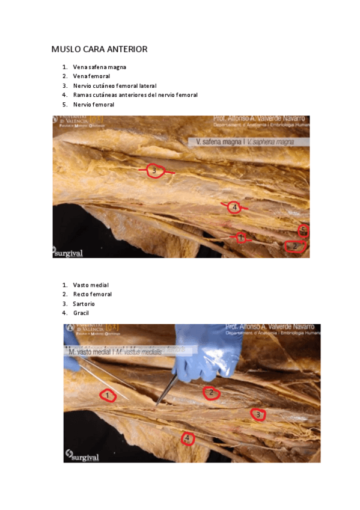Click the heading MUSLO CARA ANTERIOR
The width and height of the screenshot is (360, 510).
point(99,49)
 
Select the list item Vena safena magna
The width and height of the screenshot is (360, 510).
point(99,67)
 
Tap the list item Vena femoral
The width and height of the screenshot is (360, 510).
point(91,76)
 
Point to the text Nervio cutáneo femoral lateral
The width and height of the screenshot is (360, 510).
point(114,86)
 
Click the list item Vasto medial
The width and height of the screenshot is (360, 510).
point(91,284)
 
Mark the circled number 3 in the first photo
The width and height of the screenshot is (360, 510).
point(154,171)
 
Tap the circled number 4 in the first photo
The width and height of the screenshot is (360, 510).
point(234,207)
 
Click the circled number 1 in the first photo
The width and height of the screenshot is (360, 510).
point(240,237)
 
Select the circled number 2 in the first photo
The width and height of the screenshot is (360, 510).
point(294,246)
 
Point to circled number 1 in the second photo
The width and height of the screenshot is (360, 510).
point(108,395)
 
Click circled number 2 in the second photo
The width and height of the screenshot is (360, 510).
point(210,393)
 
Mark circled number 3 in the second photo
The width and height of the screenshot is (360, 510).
point(258,414)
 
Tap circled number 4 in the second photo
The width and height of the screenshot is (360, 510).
point(188,438)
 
